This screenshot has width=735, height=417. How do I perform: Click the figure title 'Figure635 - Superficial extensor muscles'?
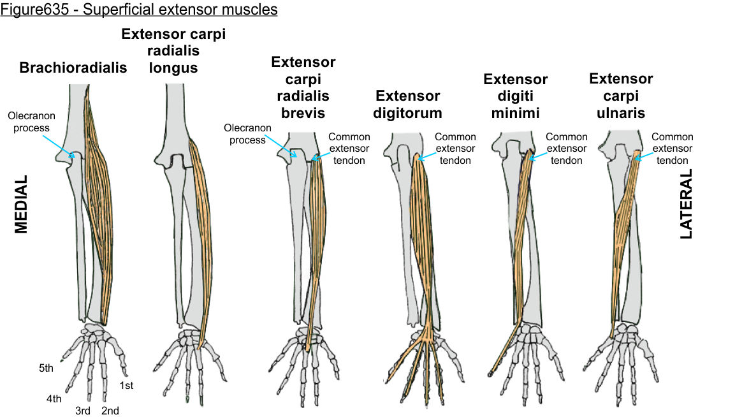[139, 11]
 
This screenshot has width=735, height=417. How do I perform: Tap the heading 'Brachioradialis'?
[73, 68]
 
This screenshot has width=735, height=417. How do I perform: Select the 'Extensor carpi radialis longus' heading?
[173, 50]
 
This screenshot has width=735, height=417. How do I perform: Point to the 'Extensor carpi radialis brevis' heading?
[303, 87]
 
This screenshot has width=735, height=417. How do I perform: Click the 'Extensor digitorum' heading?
[407, 105]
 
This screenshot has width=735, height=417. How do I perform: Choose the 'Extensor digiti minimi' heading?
[515, 96]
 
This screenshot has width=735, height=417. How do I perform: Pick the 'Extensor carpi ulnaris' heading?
[621, 96]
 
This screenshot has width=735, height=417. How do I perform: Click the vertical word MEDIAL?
[22, 204]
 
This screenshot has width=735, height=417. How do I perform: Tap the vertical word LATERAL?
[686, 204]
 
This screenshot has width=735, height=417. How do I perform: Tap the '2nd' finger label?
[110, 411]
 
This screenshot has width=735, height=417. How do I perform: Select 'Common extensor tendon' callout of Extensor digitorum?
[455, 148]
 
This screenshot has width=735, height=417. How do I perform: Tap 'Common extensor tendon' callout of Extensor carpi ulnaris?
[672, 148]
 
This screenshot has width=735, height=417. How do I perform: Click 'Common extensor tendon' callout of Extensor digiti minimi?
[566, 148]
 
